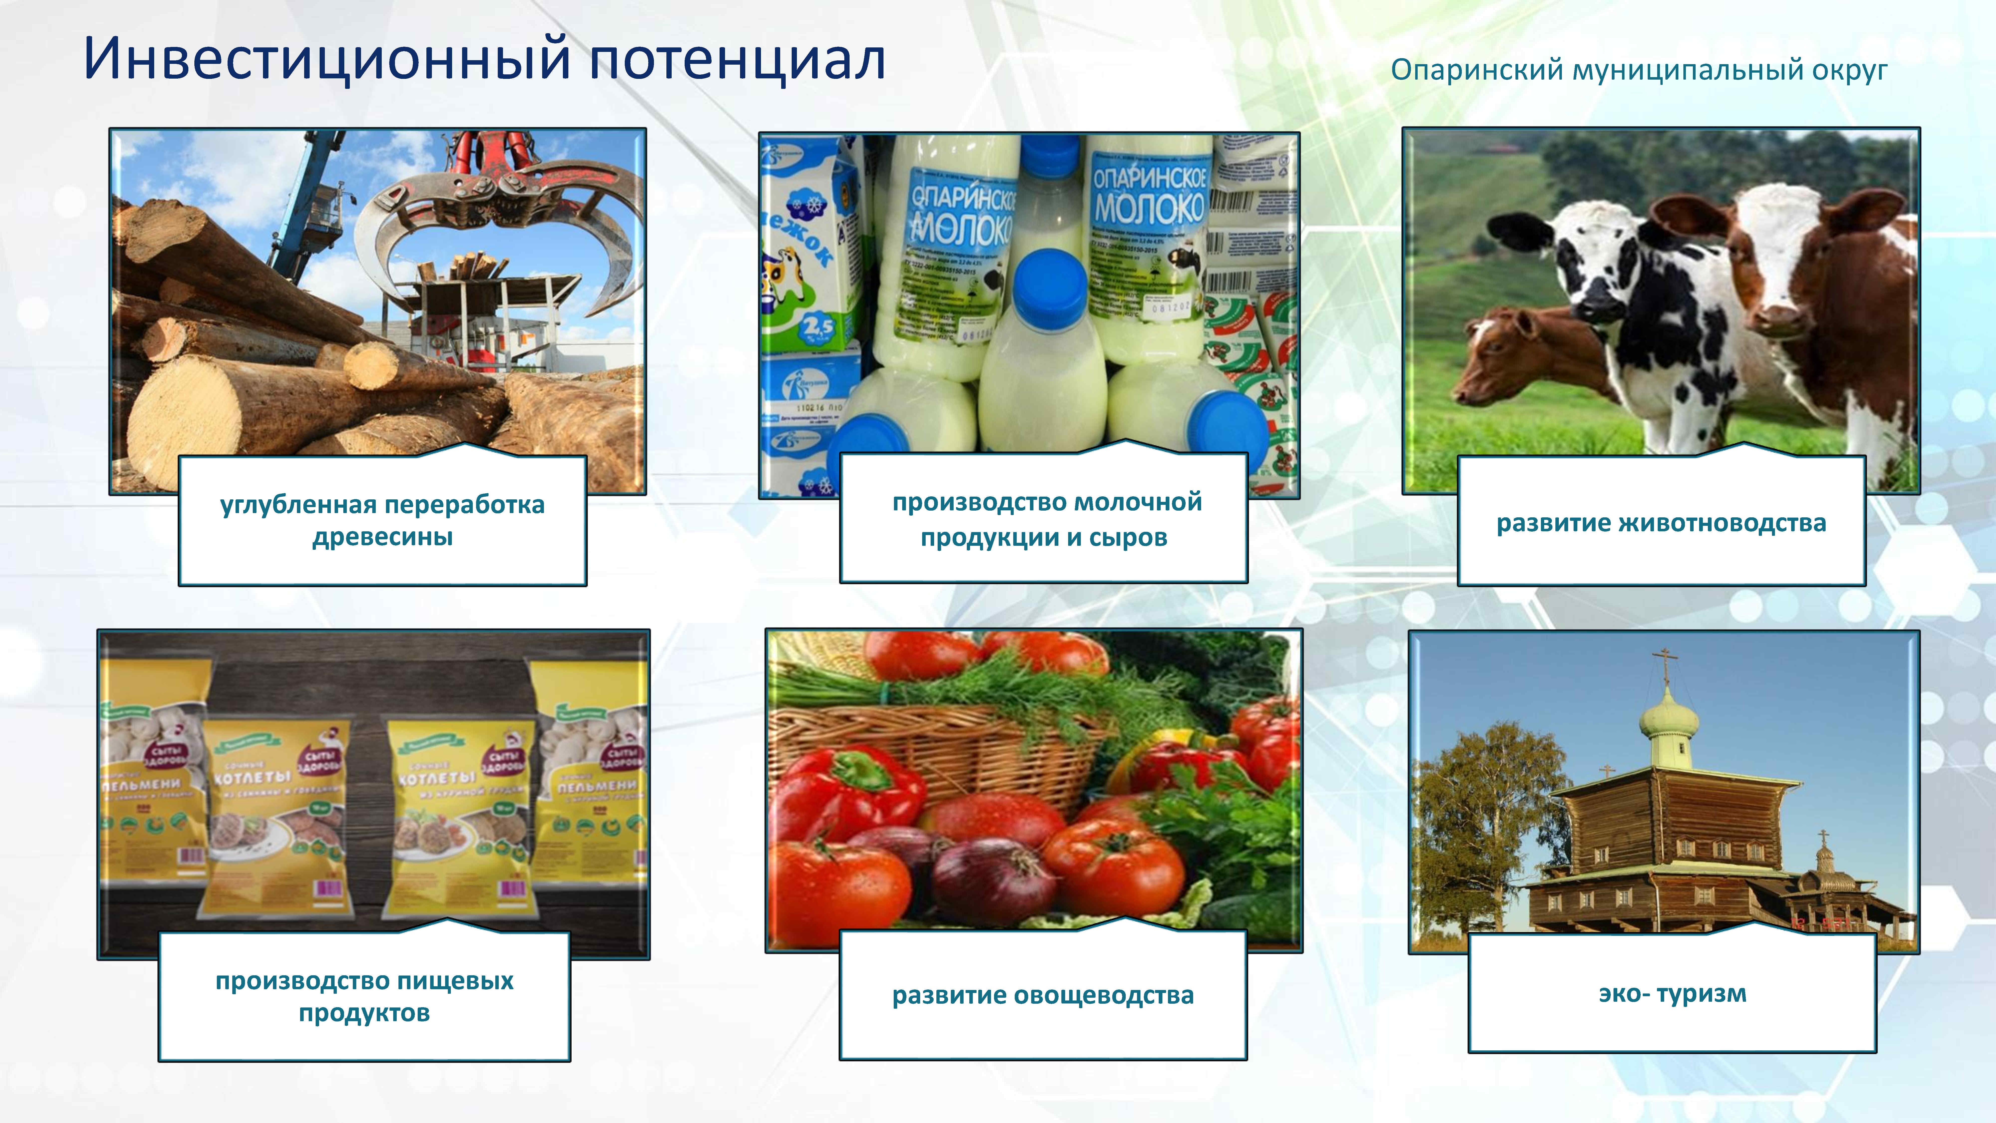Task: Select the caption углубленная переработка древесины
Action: (x=382, y=520)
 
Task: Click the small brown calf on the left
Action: (x=1519, y=357)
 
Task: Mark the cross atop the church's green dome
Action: (x=1666, y=663)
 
